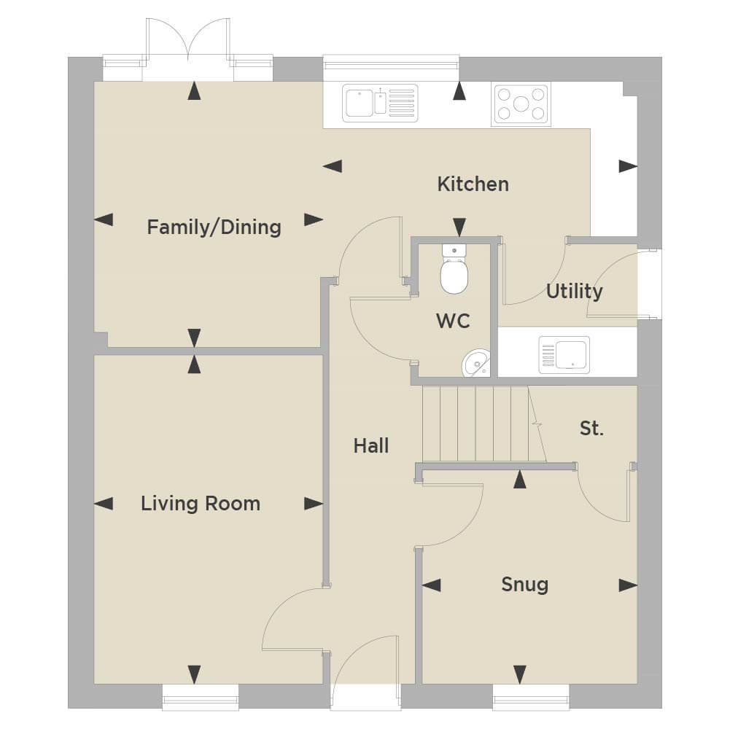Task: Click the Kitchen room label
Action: coord(473,184)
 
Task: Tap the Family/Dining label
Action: coord(214,227)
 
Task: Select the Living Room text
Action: coord(201,504)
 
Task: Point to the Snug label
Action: coord(524,585)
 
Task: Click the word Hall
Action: coord(371,446)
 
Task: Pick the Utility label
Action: coord(574,292)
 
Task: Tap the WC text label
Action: coord(453,321)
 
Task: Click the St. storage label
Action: coord(591,429)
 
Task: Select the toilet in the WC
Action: coord(454,270)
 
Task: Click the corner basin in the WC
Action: coord(476,363)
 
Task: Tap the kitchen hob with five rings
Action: coord(521,104)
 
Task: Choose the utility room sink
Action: coord(564,355)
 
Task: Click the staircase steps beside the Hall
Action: coord(484,424)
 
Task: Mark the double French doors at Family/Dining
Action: coord(188,50)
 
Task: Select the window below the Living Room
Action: coord(201,698)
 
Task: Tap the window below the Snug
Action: coord(531,698)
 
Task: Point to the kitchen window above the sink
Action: coord(391,63)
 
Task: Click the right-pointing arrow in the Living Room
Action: coord(314,504)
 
